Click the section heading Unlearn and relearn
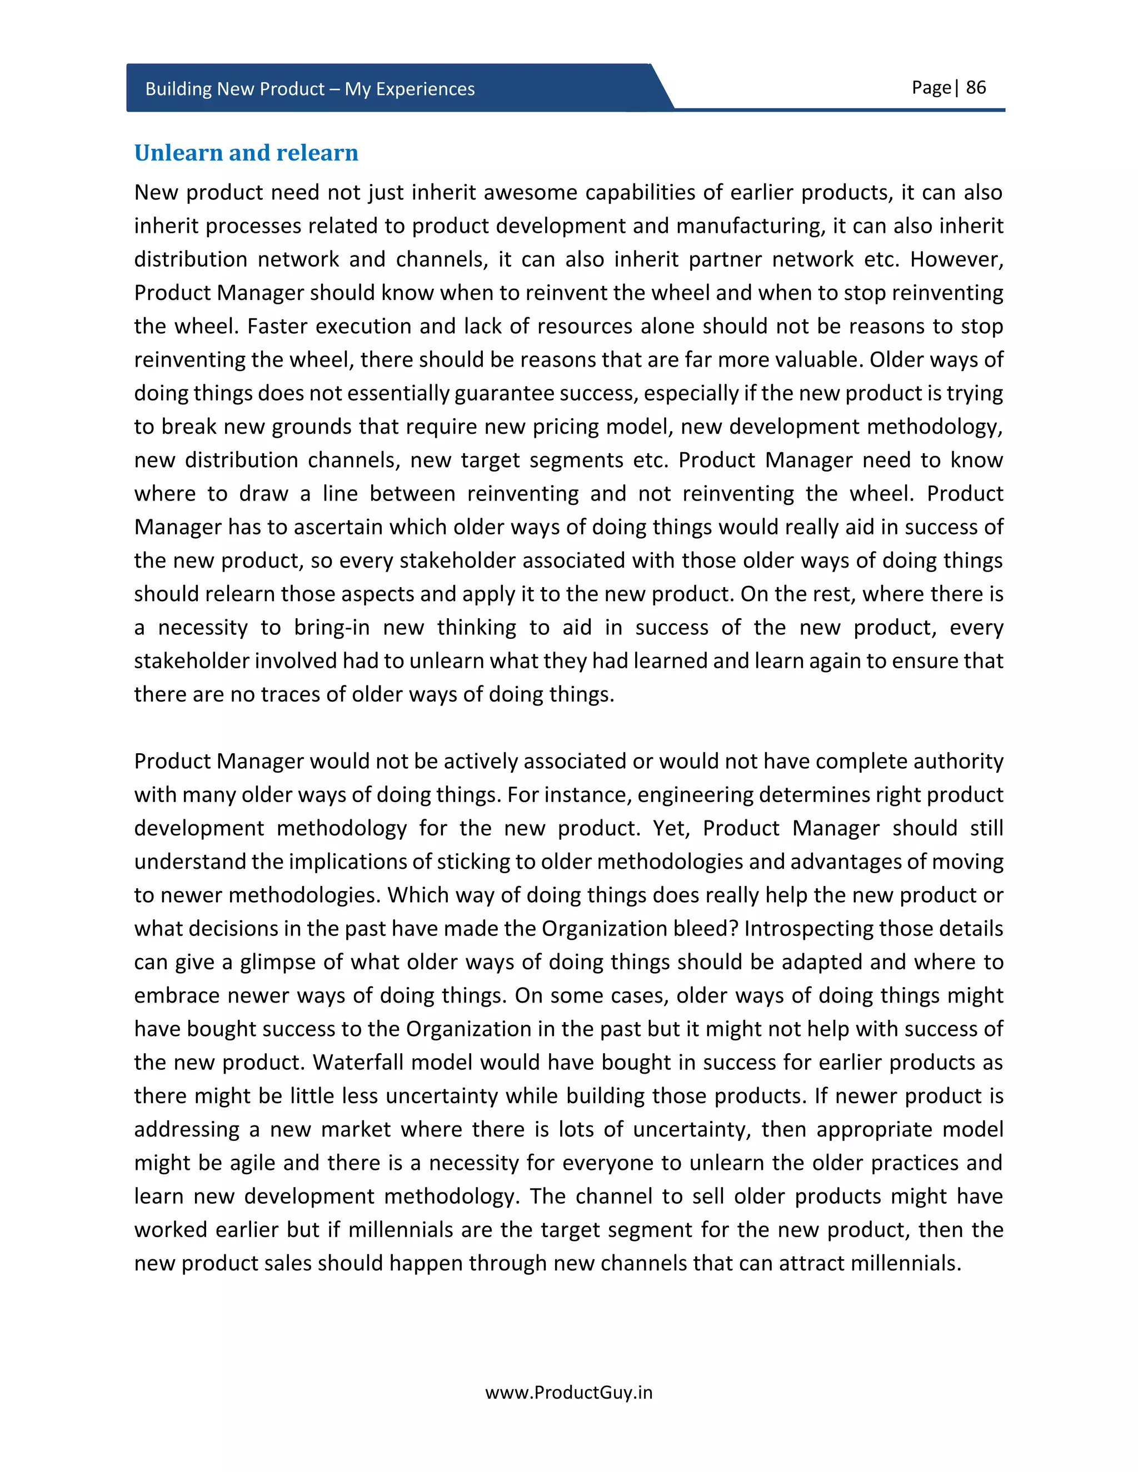pos(246,153)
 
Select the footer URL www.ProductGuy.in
pos(568,1392)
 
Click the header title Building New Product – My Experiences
pos(310,89)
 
